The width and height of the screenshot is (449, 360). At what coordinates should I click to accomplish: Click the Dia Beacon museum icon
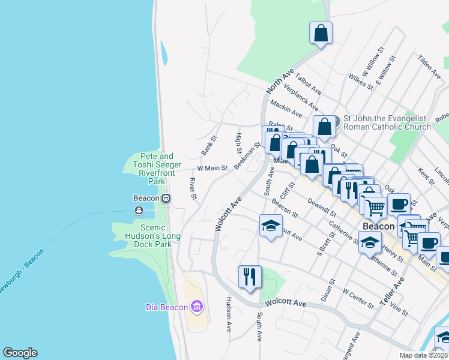(x=196, y=307)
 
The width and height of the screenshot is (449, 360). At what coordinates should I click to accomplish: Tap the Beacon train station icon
(x=166, y=198)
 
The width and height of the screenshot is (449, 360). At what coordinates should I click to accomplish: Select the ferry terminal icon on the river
(x=139, y=210)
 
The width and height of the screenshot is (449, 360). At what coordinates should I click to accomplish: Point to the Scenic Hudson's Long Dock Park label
(x=152, y=232)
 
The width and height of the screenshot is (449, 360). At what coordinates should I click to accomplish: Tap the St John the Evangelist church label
(x=387, y=122)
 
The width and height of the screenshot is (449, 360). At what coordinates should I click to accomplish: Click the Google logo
(x=20, y=353)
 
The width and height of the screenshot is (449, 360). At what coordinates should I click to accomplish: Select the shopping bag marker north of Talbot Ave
(x=321, y=33)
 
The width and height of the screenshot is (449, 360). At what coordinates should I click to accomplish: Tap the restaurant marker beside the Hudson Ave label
(x=249, y=277)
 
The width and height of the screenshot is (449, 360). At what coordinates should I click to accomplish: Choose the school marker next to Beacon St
(x=271, y=226)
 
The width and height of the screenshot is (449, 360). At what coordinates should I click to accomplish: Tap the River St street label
(x=193, y=188)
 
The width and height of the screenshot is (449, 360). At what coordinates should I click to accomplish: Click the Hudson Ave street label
(x=229, y=314)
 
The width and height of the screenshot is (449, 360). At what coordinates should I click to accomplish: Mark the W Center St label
(x=358, y=298)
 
